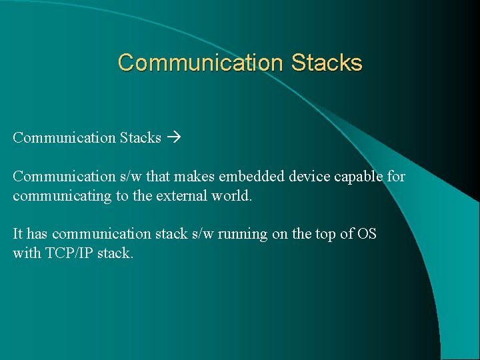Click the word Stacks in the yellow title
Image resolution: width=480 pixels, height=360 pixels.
327,63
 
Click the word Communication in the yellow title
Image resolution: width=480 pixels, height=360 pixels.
201,63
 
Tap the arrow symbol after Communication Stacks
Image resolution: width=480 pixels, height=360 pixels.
175,138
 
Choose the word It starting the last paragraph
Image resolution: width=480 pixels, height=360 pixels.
18,234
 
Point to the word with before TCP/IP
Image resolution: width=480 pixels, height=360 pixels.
25,254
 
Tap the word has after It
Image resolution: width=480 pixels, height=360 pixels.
37,234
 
